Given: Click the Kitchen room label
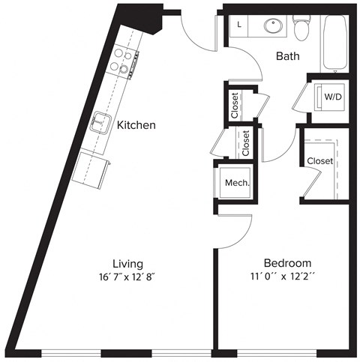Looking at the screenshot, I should click(136, 125).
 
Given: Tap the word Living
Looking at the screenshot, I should click(127, 264).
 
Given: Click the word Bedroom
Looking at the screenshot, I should click(286, 264).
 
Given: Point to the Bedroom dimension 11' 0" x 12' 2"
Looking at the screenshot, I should click(286, 278).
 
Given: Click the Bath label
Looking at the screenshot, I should click(288, 56).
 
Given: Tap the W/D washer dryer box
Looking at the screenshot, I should click(330, 96).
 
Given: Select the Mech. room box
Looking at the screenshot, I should click(237, 182).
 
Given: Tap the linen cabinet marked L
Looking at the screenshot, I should click(239, 25).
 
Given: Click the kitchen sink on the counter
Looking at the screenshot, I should click(100, 122).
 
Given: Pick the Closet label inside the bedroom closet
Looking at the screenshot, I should click(319, 161).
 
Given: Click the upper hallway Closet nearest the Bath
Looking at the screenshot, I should click(234, 106).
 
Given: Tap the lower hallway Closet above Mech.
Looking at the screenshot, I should click(246, 142).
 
